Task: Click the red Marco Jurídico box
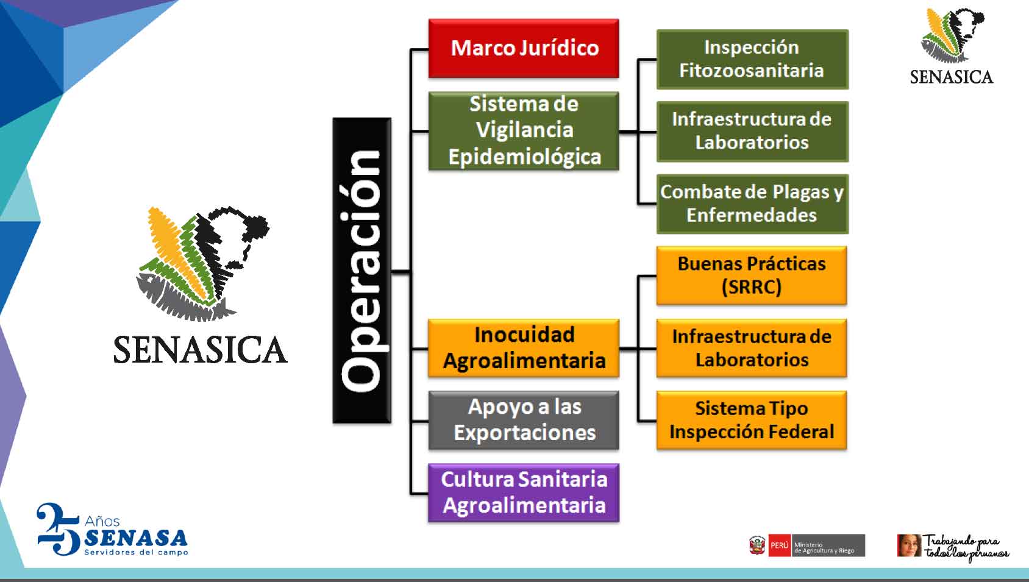click(x=524, y=48)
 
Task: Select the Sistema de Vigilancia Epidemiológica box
click(x=524, y=131)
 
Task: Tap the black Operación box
click(x=362, y=271)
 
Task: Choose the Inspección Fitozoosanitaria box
click(x=752, y=59)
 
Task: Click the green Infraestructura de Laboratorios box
click(x=752, y=132)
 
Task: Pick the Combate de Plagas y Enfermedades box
click(x=752, y=204)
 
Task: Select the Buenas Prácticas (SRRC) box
click(x=752, y=275)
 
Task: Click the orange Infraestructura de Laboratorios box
click(x=752, y=348)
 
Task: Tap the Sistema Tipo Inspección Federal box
click(x=752, y=421)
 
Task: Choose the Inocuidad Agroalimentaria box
click(x=524, y=348)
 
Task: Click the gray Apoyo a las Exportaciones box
click(x=524, y=421)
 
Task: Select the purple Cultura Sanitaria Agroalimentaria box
click(x=524, y=493)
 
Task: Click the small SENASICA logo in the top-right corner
click(x=952, y=46)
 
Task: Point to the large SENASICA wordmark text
click(x=201, y=350)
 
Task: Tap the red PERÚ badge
click(x=780, y=545)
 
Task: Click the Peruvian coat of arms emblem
click(x=757, y=545)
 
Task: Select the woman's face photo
click(x=909, y=545)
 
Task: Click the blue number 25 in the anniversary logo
click(x=59, y=529)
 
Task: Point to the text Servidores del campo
click(x=136, y=552)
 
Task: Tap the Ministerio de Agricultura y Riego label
click(x=824, y=547)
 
